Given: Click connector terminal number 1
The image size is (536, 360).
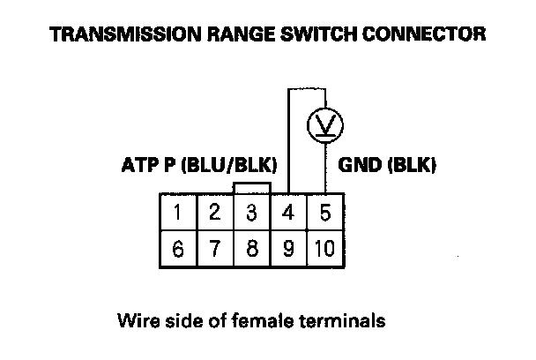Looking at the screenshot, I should [x=178, y=213].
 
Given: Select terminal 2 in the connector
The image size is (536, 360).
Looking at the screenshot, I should [x=215, y=213].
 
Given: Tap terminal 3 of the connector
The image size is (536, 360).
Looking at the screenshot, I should [x=251, y=213].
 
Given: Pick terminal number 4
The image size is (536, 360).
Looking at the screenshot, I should [x=288, y=213].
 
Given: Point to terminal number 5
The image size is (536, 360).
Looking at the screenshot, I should [x=325, y=213].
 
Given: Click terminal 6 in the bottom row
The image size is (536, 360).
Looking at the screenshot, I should [x=178, y=248].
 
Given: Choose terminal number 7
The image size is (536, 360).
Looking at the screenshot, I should [x=215, y=248].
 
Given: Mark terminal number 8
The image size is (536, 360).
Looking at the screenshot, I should [x=251, y=248].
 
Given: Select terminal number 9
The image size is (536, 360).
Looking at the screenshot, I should [x=288, y=248].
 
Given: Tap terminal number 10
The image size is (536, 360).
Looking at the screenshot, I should [x=324, y=248].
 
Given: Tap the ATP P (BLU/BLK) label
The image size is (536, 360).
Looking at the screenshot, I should [x=198, y=165].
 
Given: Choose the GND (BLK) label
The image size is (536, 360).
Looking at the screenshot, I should [x=387, y=165].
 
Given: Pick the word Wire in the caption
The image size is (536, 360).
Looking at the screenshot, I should [x=134, y=319].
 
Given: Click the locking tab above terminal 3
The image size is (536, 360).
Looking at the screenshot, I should [x=251, y=188].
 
